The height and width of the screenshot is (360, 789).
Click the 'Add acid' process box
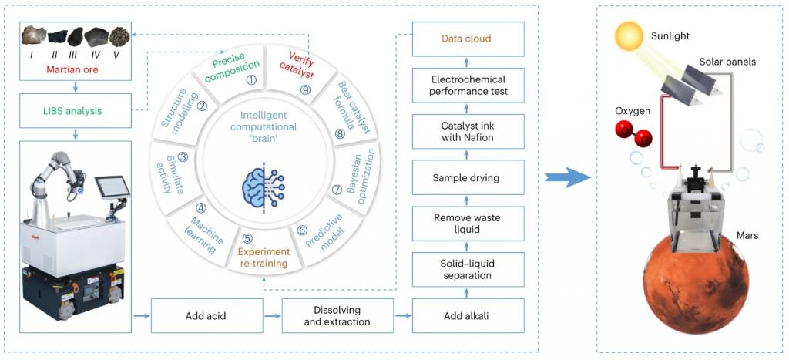coord(206,316)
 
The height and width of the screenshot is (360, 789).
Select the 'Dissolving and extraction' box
coord(337,316)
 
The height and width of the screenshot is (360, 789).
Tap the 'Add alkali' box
coord(468,316)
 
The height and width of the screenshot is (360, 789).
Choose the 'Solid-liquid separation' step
coord(468,268)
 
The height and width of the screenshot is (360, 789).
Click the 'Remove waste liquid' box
coord(468,224)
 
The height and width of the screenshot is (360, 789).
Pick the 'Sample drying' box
coord(468,177)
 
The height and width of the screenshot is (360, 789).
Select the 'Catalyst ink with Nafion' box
coord(468,132)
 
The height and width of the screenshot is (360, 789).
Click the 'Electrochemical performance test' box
coord(468,86)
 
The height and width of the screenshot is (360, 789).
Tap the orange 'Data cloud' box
coord(468,39)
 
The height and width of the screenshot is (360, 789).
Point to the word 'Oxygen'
coord(632,111)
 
